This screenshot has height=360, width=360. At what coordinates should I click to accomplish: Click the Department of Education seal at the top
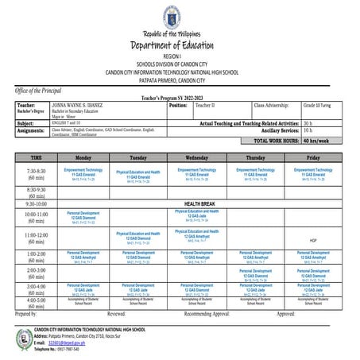point(180,17)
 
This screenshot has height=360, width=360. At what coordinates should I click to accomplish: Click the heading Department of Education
point(180,47)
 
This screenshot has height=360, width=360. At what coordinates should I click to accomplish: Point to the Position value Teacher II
point(206,105)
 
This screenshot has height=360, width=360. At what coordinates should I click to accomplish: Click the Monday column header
point(94,158)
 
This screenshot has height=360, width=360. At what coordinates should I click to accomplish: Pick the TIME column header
point(36,158)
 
